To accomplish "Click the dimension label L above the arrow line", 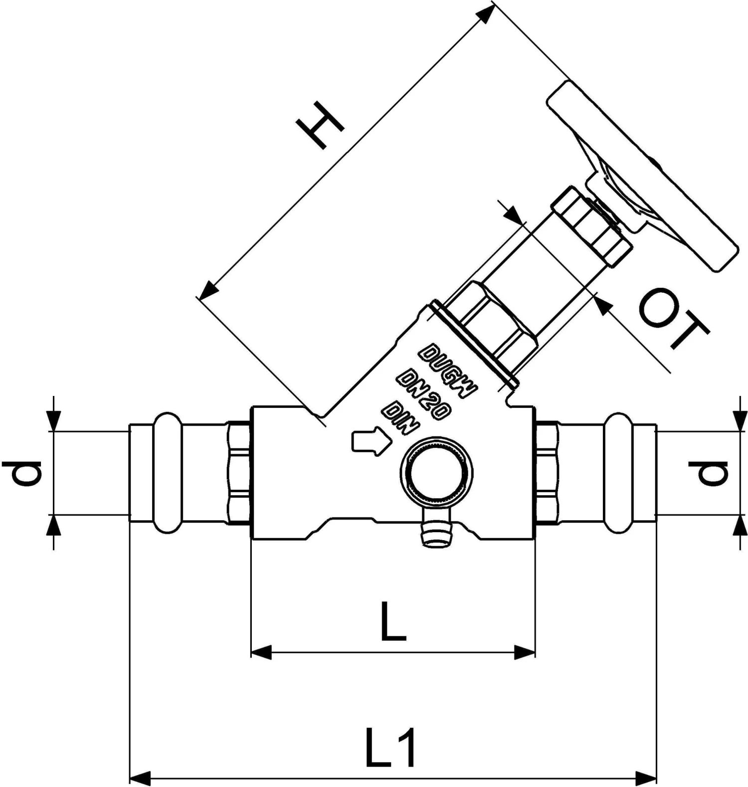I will pos(392,621).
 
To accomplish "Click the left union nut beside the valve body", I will pos(239,472).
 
